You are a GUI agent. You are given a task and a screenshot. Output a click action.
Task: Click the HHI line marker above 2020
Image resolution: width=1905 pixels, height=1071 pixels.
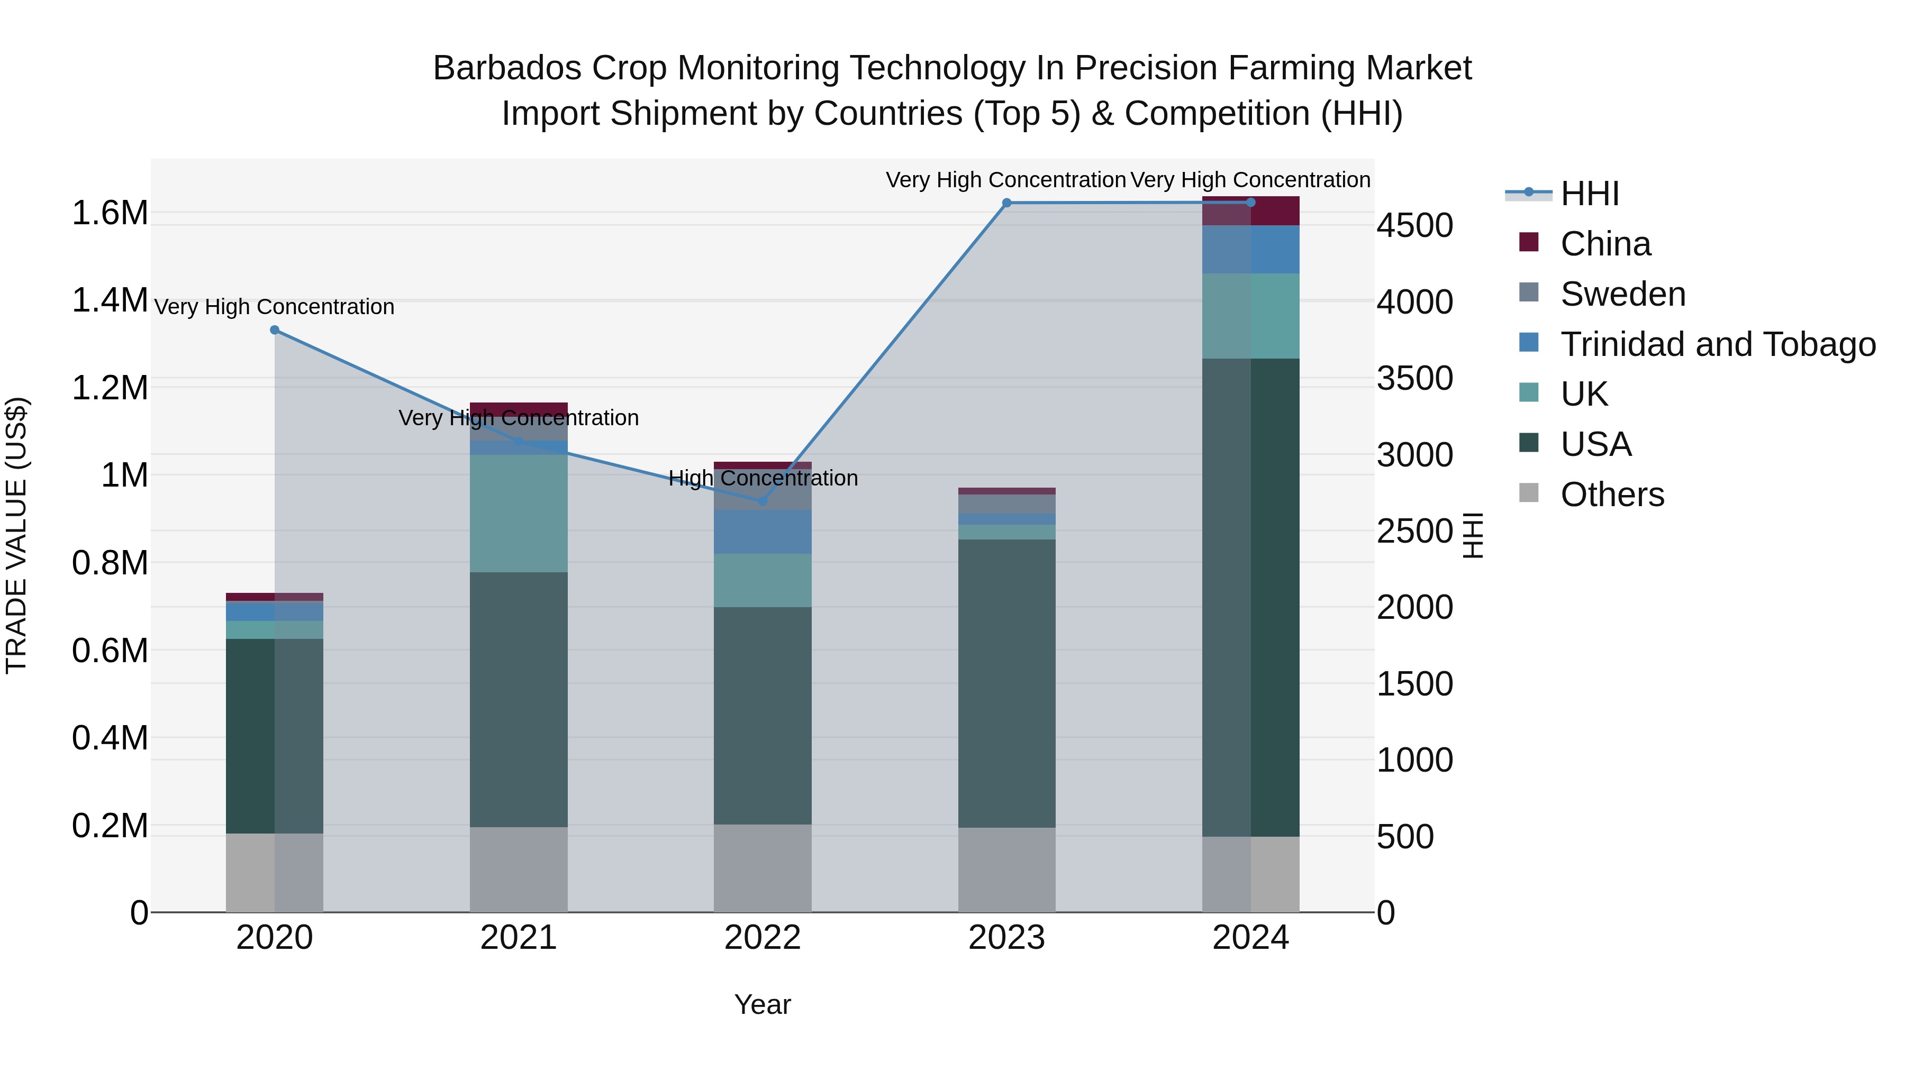pos(274,329)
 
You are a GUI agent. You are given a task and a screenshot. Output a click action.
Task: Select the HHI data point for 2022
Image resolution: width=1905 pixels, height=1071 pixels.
pos(763,501)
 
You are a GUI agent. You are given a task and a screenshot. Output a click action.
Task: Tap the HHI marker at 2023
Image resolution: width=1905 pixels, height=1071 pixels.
pos(1006,203)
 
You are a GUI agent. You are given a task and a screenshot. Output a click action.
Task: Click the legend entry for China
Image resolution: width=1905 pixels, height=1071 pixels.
pos(1605,244)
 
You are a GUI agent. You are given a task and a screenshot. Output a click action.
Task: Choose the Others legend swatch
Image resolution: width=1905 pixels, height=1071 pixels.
pos(1529,493)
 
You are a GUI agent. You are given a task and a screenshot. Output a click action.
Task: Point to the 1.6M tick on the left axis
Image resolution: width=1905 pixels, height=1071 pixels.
pos(110,213)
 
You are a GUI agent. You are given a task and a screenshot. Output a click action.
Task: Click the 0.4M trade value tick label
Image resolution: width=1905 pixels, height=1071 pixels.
pos(110,738)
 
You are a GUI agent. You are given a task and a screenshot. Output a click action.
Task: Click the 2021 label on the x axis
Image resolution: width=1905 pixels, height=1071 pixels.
pos(519,938)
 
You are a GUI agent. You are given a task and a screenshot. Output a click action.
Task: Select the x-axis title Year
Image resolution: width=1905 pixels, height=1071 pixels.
pos(763,1004)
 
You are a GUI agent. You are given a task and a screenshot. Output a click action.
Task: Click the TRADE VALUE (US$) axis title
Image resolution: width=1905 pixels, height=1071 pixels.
pos(16,535)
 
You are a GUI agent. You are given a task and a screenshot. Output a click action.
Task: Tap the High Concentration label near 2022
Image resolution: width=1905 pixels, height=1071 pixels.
pos(763,478)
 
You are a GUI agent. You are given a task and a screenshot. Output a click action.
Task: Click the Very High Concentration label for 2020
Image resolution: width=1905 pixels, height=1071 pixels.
pos(274,307)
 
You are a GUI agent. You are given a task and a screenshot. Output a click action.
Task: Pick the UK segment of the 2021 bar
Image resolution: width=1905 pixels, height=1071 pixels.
pos(519,513)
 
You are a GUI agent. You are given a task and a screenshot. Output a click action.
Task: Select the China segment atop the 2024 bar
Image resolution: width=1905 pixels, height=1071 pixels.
pos(1250,210)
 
